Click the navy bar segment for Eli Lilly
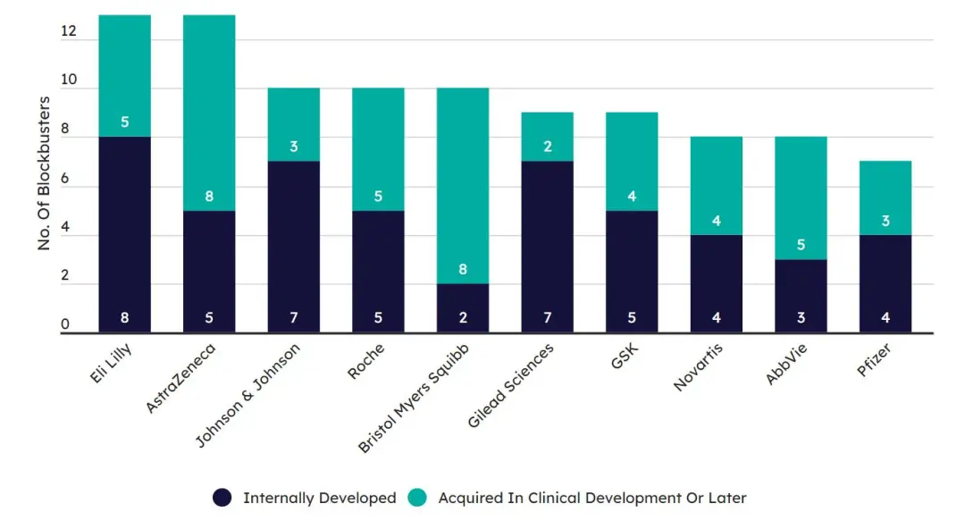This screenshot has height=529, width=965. [124, 234]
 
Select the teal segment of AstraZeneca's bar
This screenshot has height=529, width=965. [209, 112]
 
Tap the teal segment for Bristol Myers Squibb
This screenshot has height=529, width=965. [463, 186]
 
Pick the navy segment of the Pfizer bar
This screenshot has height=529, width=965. [885, 283]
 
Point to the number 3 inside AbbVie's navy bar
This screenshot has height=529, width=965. [801, 318]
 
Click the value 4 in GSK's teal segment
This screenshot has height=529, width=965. [632, 196]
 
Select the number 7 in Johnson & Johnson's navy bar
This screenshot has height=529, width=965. [294, 318]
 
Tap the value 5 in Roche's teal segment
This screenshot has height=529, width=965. [378, 196]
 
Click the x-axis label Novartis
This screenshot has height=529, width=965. [699, 365]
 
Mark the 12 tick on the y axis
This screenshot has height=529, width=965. [69, 32]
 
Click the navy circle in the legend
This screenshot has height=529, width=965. [222, 498]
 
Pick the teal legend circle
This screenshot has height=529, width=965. [417, 498]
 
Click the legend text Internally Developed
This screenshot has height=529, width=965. [319, 498]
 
